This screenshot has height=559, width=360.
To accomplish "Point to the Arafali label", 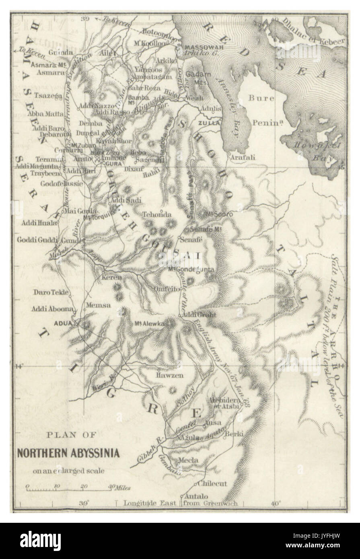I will coord(242,158).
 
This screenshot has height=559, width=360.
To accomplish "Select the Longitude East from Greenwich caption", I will coord(181,503).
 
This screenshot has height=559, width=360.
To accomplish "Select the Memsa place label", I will coord(98,305).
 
